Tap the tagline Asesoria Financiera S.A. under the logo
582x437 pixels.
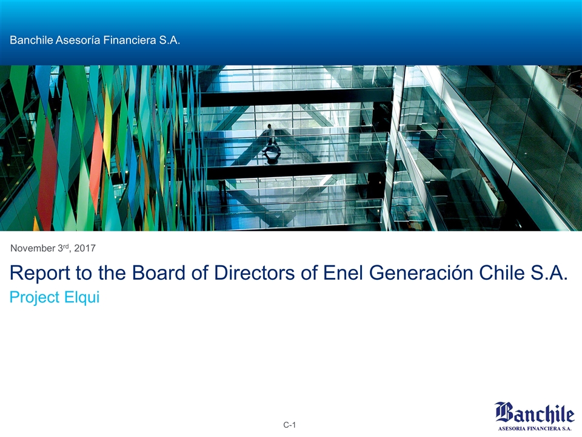click(x=535, y=427)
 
